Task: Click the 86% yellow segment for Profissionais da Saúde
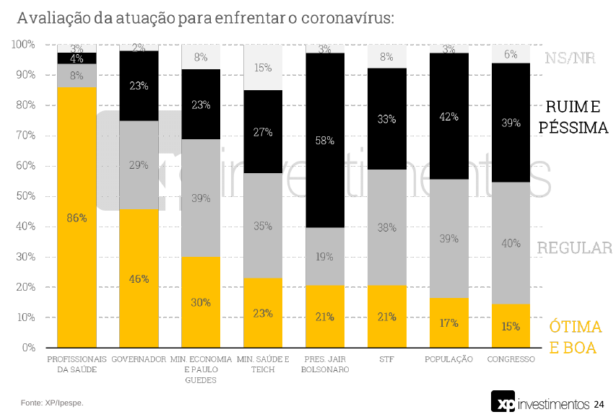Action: pos(77,217)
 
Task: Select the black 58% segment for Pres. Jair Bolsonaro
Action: pos(324,141)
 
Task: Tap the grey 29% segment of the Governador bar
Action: pos(139,164)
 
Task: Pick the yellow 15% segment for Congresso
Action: pos(511,325)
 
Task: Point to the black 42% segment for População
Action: pos(448,116)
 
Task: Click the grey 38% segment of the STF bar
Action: pos(386,227)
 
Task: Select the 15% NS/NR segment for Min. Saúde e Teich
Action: pos(263,68)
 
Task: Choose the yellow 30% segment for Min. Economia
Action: pos(201,302)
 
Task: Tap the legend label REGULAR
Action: pos(574,248)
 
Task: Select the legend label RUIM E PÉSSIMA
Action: pos(576,118)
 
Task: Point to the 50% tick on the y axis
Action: pos(26,196)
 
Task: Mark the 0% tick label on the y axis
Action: pos(29,348)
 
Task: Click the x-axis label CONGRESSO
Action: pos(511,359)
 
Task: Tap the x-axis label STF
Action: pos(386,359)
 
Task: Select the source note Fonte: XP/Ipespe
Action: pos(52,403)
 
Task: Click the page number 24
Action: pos(599,405)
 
